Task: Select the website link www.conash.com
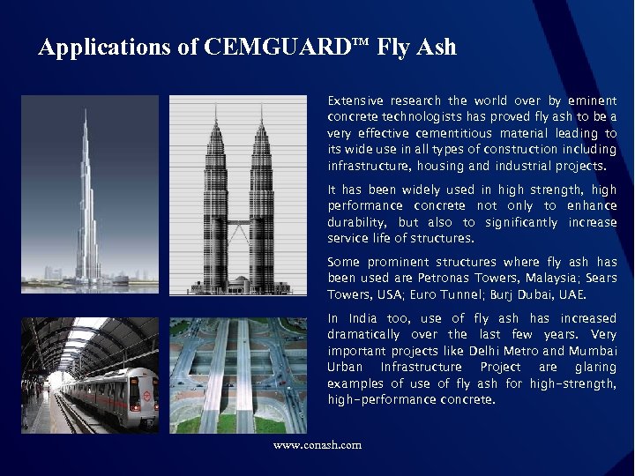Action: pyautogui.click(x=317, y=445)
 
